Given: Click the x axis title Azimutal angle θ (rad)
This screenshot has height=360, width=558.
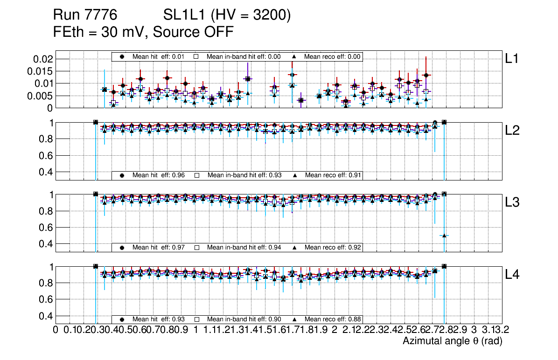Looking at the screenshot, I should coord(452,341).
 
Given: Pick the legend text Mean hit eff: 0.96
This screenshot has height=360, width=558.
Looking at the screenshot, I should coord(159,175).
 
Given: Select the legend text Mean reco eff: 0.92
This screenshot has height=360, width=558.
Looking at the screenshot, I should coord(333,247).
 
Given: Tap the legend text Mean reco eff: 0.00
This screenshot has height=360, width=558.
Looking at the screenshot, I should coord(333,56).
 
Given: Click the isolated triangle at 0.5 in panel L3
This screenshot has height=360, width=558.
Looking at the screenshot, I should coord(444,235).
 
